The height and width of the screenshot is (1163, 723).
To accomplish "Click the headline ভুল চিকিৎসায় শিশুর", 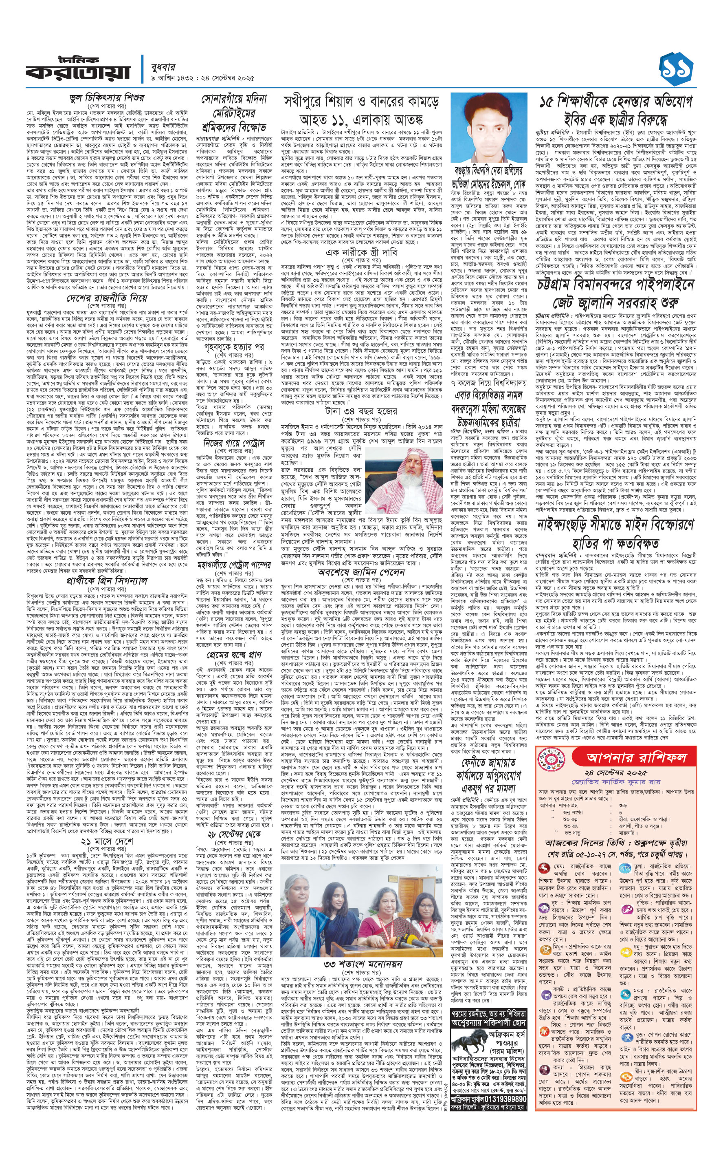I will pyautogui.click(x=107, y=98).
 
